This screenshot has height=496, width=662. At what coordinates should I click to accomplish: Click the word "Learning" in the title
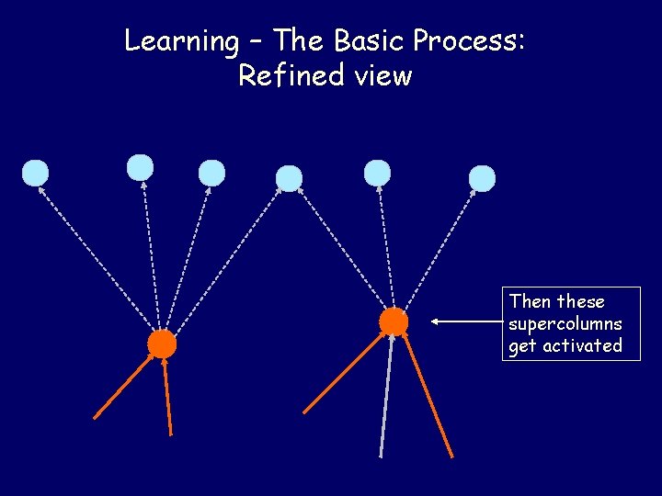[181, 41]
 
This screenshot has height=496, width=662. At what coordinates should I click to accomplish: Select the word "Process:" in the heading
[469, 41]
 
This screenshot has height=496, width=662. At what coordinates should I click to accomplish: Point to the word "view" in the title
[381, 75]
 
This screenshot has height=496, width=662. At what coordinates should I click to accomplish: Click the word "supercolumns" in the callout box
[565, 324]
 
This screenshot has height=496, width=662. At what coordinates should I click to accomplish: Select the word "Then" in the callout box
[531, 302]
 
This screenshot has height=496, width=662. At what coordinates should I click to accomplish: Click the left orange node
[162, 344]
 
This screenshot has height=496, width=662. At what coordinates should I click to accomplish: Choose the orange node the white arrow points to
[394, 321]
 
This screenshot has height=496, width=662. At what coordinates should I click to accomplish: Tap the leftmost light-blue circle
[35, 172]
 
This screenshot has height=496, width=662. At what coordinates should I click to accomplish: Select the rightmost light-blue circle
[482, 178]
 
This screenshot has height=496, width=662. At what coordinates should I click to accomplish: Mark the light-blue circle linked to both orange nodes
[289, 178]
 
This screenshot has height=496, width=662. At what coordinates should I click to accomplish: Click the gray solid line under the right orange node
[386, 395]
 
